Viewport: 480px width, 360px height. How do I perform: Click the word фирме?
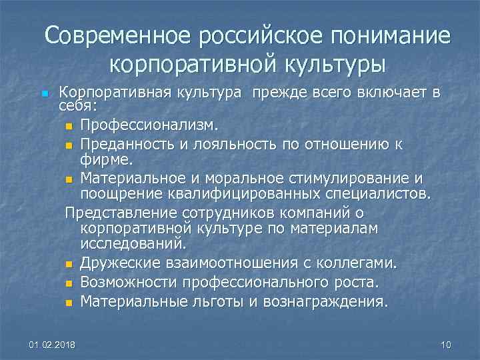[107, 159]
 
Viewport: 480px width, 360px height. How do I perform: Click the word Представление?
[119, 213]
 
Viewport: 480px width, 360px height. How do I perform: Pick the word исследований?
[133, 245]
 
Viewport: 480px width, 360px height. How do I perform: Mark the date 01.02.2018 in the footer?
[52, 345]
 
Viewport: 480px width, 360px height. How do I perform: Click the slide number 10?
[446, 345]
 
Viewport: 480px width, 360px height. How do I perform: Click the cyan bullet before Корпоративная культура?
[44, 94]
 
